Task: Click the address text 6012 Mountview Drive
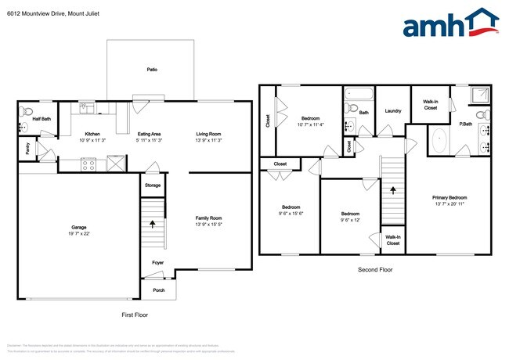(x=38, y=13)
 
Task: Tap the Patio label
(x=152, y=70)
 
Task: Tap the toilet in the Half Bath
(x=25, y=110)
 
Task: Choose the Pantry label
(x=27, y=148)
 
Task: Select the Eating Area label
(x=149, y=134)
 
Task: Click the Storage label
(x=153, y=185)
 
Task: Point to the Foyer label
(x=158, y=263)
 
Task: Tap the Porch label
(x=159, y=290)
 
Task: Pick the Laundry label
(x=392, y=111)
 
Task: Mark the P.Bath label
(x=465, y=124)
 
